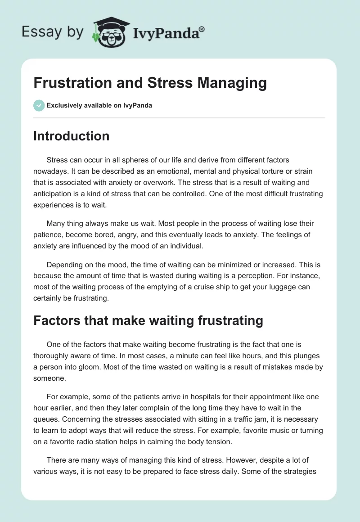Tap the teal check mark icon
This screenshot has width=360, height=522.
pos(39,106)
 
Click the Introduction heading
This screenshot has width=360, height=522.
pos(71,136)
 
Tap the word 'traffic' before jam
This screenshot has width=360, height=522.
pos(239,419)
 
